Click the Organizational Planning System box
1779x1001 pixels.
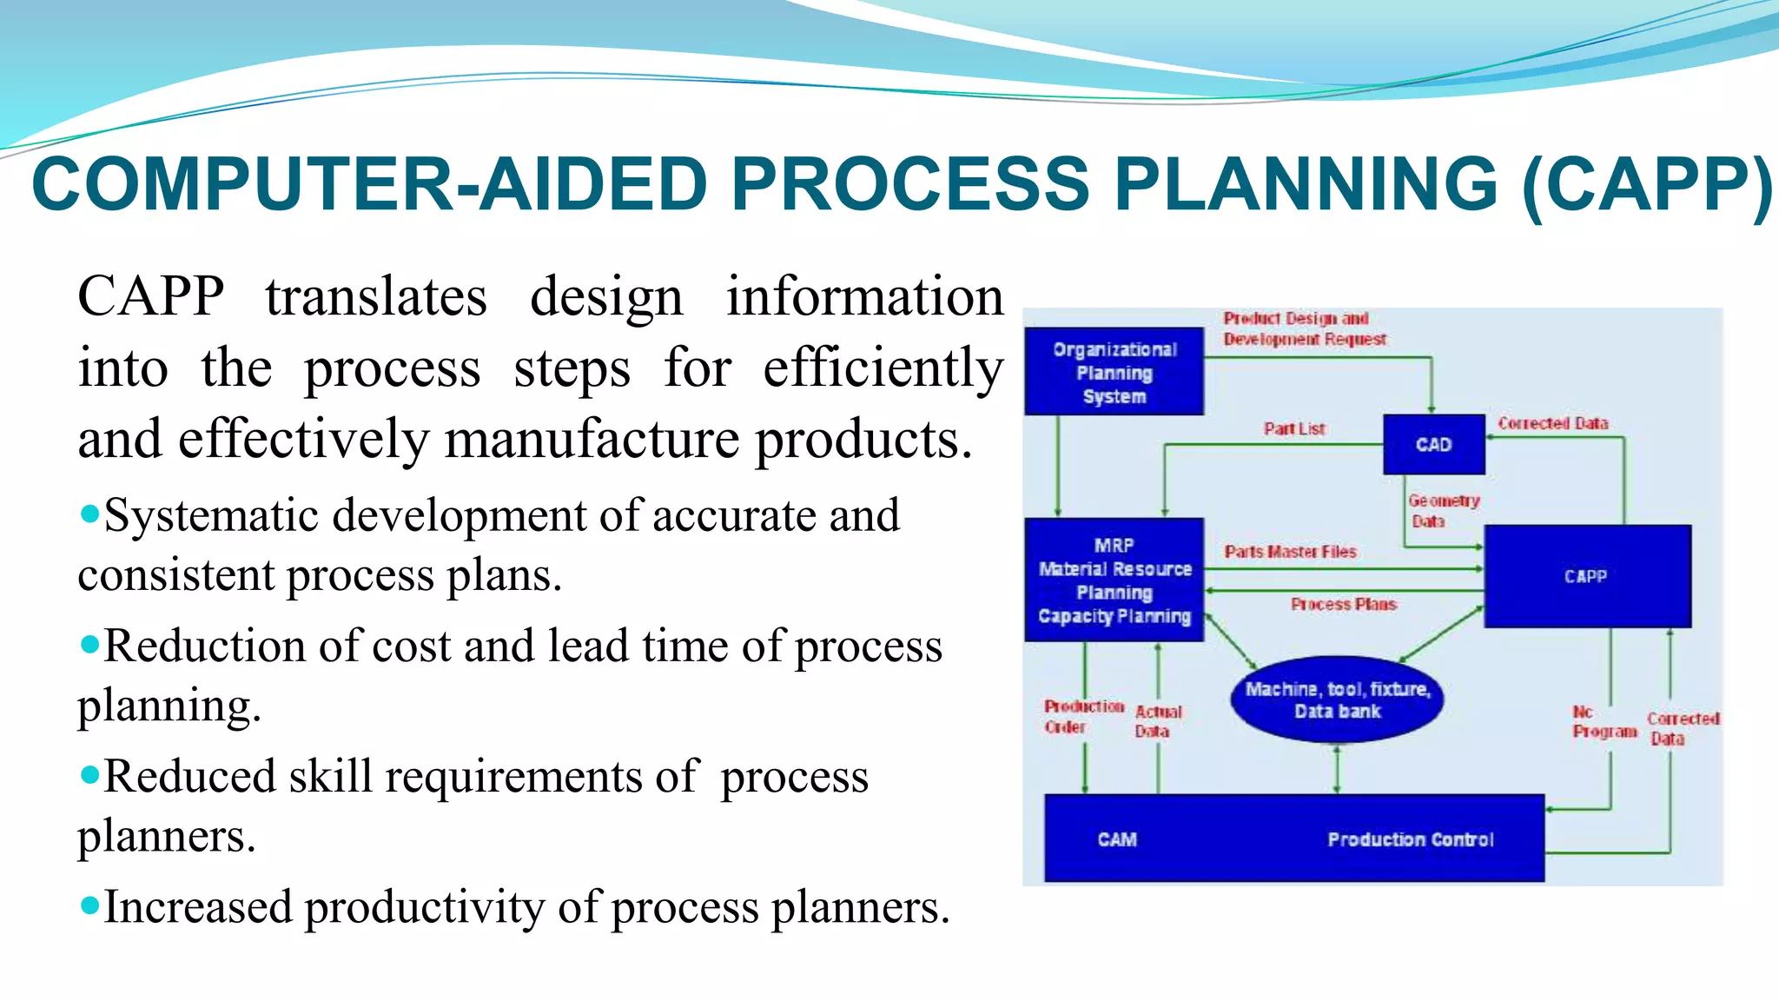1114,372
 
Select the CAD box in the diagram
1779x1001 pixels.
1433,445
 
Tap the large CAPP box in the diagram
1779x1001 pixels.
1587,576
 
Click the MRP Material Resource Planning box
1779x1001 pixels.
1114,580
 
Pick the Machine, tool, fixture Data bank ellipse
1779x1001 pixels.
1337,699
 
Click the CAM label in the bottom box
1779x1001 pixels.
1117,839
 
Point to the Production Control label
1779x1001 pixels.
1411,839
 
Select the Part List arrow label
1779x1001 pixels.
1294,428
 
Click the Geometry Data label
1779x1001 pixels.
1443,511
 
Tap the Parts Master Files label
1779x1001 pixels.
1290,552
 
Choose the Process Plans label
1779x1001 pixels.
1343,604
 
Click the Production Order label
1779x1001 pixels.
1083,717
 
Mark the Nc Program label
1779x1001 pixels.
1604,722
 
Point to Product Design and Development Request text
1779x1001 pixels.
1304,329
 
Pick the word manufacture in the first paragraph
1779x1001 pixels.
592,439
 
